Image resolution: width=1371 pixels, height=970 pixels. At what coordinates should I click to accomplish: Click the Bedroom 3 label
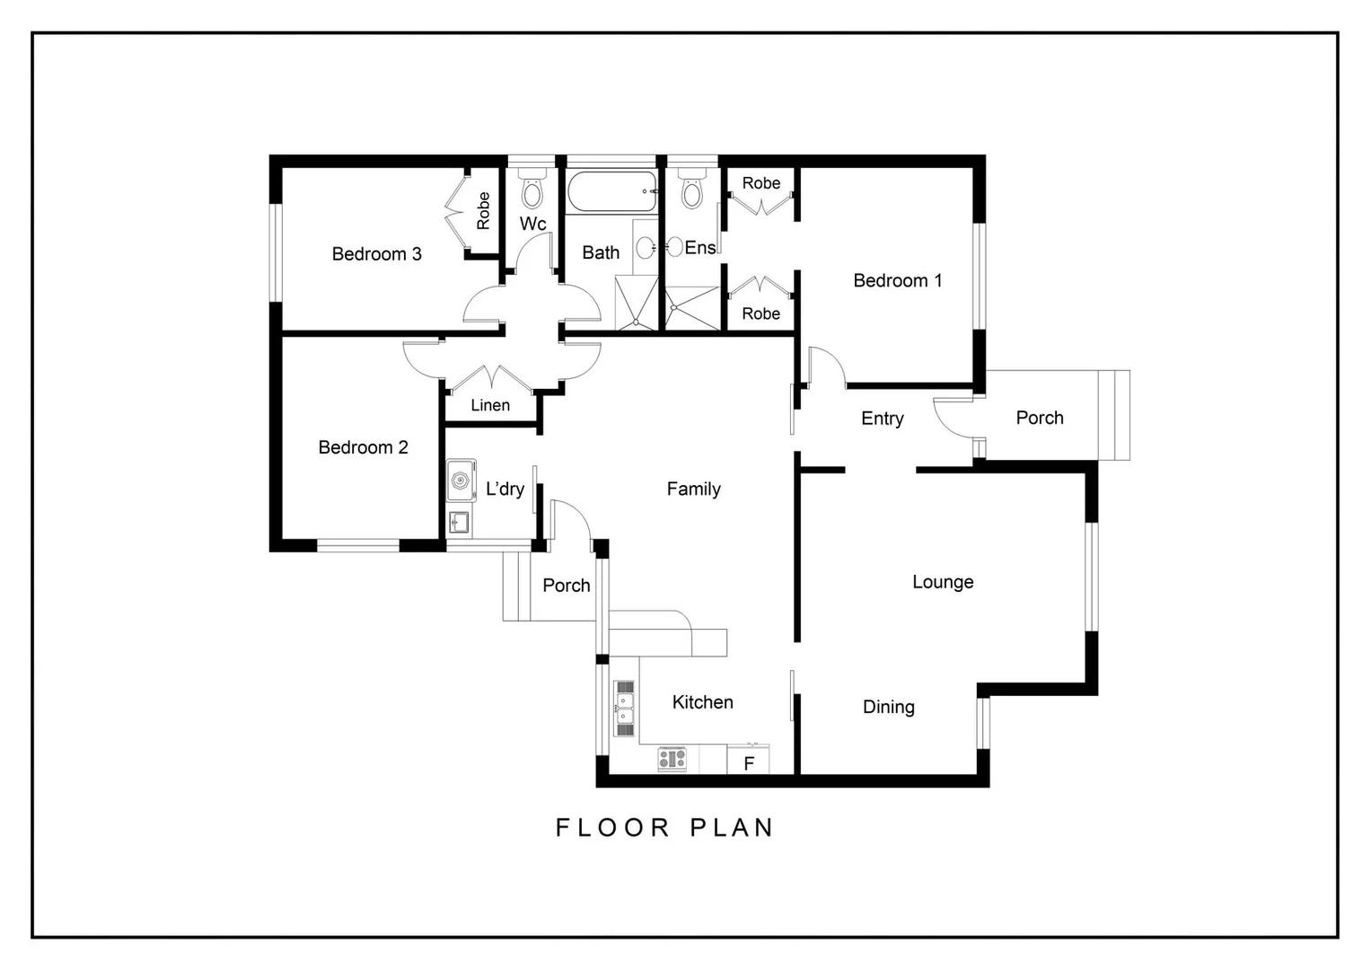[x=376, y=254]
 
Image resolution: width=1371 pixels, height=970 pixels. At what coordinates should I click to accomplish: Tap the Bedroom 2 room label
[x=363, y=447]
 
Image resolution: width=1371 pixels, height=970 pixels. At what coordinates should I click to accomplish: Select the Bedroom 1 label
[x=897, y=281]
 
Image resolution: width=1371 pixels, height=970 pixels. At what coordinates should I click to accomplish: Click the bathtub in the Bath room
[x=611, y=191]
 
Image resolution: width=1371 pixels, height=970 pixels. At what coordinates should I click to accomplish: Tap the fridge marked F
[x=748, y=762]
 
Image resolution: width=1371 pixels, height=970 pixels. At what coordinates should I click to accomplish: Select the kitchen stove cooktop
[x=672, y=759]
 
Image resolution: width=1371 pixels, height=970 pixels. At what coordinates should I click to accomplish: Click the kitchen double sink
[x=624, y=708]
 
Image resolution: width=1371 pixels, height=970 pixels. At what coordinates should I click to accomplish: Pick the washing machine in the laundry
[x=461, y=481]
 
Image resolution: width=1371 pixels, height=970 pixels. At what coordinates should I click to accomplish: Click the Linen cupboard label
[x=490, y=406]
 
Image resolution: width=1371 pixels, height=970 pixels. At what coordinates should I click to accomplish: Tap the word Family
[x=693, y=489]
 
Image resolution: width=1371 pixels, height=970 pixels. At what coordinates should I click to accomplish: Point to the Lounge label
[x=943, y=582]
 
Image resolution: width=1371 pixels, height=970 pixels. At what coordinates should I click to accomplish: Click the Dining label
[x=888, y=707]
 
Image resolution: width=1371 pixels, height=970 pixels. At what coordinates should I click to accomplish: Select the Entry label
[x=882, y=419]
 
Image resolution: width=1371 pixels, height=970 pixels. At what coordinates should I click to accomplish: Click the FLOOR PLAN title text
[x=664, y=827]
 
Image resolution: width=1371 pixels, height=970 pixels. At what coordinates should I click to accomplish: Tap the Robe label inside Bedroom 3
[x=483, y=211]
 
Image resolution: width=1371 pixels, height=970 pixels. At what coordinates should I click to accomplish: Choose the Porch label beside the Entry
[x=1039, y=418]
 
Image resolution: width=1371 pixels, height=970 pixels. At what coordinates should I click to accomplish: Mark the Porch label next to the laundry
[x=566, y=586]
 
